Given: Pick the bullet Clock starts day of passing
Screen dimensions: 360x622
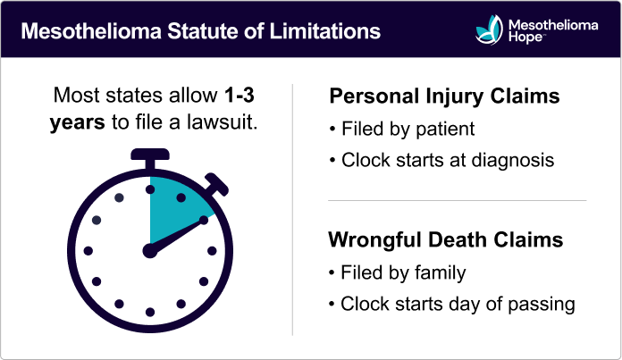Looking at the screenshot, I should click(457, 304).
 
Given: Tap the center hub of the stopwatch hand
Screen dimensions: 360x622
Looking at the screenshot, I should click(149, 252).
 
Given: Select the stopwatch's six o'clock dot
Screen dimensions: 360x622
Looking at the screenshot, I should click(149, 313).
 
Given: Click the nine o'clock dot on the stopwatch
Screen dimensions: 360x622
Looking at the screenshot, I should click(88, 252).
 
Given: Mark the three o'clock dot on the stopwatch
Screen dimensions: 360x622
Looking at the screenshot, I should click(210, 252).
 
